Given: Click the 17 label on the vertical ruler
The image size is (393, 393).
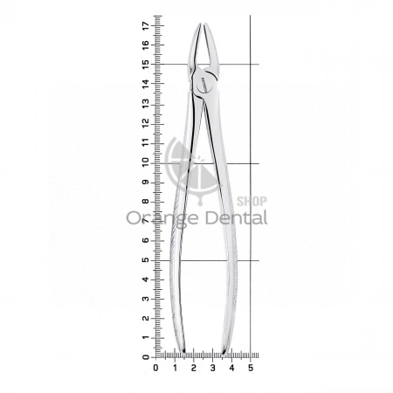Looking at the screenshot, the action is click(146, 26).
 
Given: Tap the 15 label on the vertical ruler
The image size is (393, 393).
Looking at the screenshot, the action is click(146, 64).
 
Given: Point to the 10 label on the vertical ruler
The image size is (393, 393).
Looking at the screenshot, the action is click(146, 162).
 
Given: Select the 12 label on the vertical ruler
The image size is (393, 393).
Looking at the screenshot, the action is click(146, 122).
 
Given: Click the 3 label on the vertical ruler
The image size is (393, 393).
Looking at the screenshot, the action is click(146, 299).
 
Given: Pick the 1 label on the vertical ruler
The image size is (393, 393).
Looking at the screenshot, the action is click(146, 338).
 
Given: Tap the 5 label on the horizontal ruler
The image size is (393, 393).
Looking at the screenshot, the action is click(251, 368).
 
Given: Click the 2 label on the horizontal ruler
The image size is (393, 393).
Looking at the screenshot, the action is click(194, 368).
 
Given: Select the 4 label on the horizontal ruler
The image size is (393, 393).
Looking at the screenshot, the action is click(231, 368).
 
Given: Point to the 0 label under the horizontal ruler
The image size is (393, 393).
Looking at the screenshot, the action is click(155, 368).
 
